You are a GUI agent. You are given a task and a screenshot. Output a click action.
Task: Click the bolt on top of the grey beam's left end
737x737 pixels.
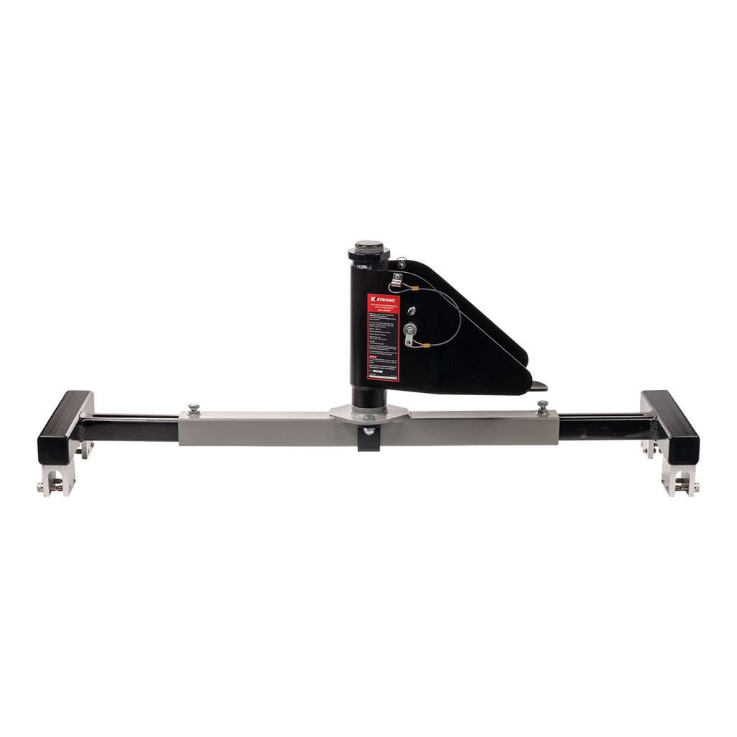(194, 409)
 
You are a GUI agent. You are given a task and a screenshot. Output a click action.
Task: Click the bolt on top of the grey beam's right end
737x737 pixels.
(543, 405)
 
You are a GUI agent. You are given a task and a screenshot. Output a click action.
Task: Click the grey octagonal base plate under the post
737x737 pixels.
(369, 412)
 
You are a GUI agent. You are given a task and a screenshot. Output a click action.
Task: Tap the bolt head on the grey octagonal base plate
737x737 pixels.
(369, 417)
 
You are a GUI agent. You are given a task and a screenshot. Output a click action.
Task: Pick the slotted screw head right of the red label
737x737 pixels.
(411, 310)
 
